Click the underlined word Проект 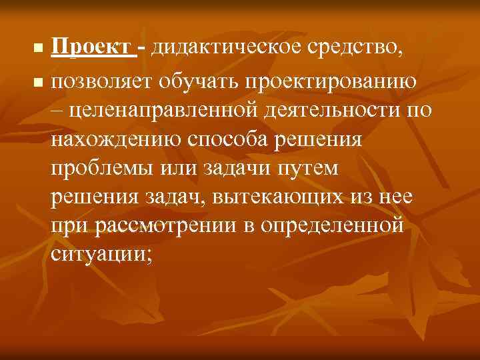click(x=92, y=49)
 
